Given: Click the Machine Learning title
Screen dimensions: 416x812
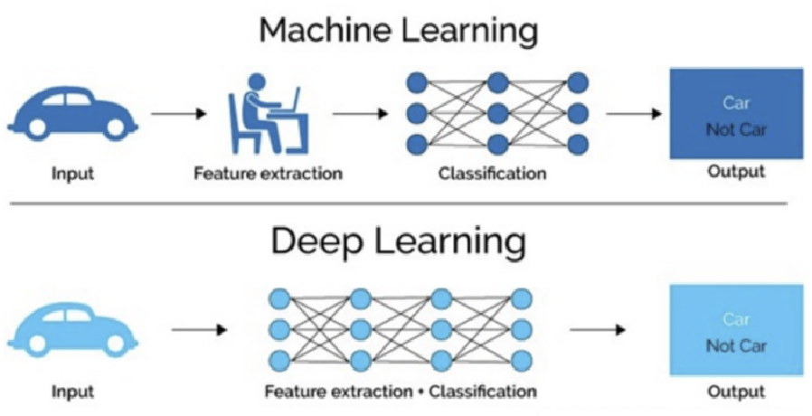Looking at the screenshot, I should click(398, 32).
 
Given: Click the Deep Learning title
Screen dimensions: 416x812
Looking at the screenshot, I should click(398, 243).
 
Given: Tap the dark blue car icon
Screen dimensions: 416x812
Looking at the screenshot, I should click(72, 115).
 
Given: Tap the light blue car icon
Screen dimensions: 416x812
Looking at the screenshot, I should click(71, 329).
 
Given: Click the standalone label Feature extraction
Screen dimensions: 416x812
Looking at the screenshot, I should click(268, 173).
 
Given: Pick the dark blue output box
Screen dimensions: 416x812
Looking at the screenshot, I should click(736, 114).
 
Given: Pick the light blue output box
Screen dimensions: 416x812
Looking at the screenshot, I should click(736, 329).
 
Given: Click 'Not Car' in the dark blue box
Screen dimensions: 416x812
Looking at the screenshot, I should click(736, 129).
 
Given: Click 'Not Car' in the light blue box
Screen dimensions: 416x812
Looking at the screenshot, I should click(736, 345).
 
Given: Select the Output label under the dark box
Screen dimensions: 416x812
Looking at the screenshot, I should click(736, 171).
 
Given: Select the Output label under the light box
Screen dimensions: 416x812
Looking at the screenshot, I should click(736, 392).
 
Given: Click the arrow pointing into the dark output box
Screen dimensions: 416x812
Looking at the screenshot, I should click(633, 115).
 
